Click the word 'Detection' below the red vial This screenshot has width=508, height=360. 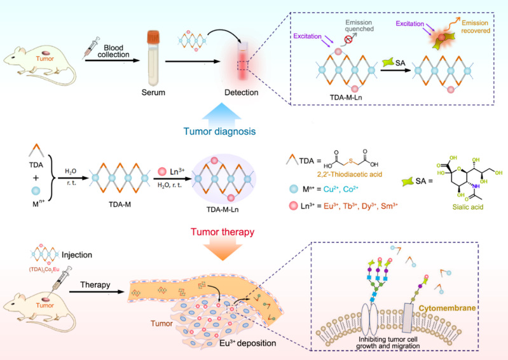pyautogui.click(x=242, y=93)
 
